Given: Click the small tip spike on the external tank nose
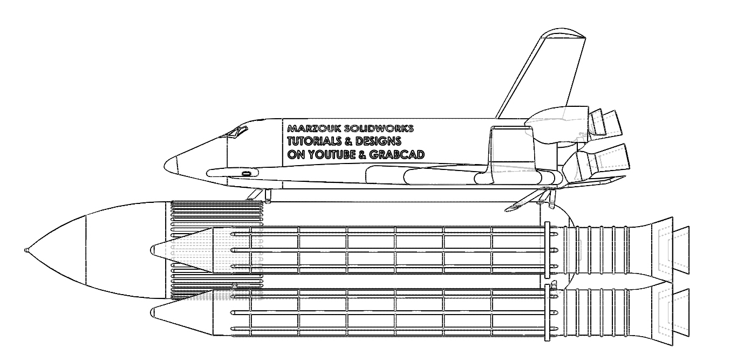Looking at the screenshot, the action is point(26,250).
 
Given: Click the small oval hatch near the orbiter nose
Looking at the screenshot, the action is point(246,173).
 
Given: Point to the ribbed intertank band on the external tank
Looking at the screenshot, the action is point(217,250).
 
